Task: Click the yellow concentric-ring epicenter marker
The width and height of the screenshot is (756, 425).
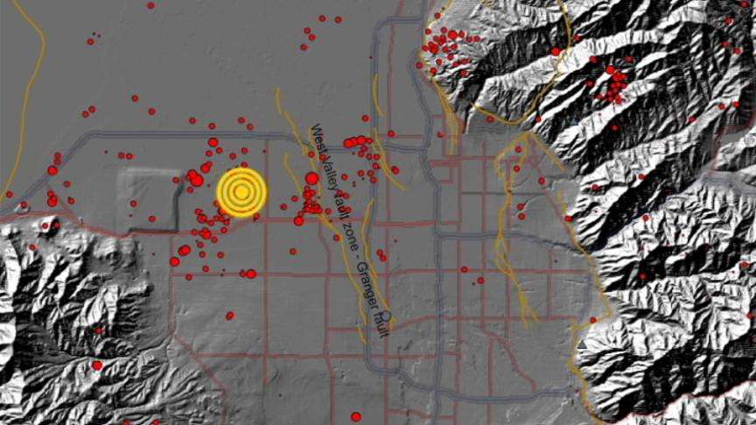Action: pos(241,192)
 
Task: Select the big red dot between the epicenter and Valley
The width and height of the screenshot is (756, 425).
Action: pos(311,178)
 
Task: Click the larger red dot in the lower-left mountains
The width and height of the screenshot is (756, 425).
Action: pos(96,365)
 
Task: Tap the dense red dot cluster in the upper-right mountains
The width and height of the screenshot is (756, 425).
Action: pos(615,83)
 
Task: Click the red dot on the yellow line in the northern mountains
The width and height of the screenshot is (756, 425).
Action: pos(555,51)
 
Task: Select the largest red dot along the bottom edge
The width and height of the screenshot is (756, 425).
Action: pos(355,416)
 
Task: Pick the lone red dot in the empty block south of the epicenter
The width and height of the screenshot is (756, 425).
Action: pos(229,315)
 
